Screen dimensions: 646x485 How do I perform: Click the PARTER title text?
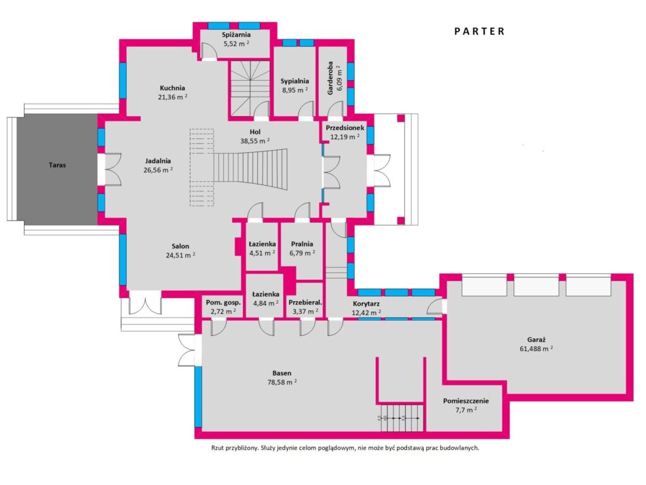(x=479, y=32)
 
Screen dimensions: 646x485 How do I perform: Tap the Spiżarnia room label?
(x=236, y=35)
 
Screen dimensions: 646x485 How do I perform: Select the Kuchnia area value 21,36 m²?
(x=173, y=97)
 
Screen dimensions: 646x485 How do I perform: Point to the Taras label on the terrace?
(x=57, y=165)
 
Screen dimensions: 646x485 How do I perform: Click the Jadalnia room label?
(x=158, y=161)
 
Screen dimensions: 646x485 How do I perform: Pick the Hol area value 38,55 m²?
(x=255, y=141)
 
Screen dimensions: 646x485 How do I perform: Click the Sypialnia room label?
(x=295, y=81)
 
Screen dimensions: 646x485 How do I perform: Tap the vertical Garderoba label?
(x=331, y=78)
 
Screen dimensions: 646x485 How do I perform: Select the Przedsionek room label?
(x=345, y=128)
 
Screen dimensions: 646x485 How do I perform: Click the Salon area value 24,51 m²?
(x=180, y=255)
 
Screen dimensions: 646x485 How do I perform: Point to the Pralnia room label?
(x=302, y=244)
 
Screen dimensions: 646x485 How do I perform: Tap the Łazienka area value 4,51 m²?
(x=262, y=253)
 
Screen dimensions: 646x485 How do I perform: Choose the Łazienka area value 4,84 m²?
(x=266, y=303)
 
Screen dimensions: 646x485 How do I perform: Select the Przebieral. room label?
(x=305, y=302)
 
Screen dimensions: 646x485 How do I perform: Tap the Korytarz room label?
(x=367, y=304)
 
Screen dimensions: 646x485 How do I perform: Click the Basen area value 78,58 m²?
(x=282, y=382)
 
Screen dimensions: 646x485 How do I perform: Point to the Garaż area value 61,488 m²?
(x=536, y=349)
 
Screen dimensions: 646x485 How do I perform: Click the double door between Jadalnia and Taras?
(x=109, y=169)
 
